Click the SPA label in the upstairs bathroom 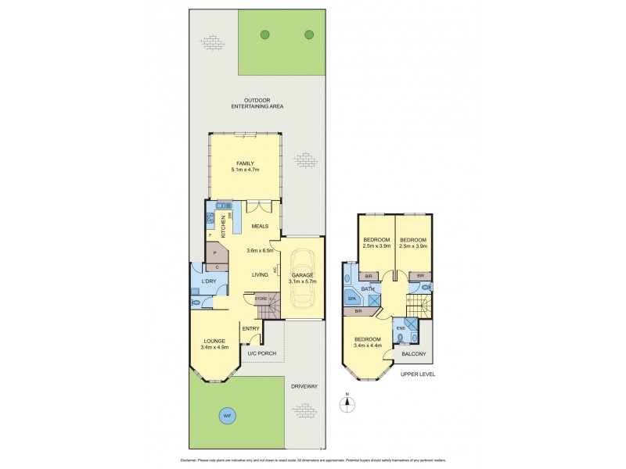[353, 299]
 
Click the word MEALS [261, 226]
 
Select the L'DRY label [208, 281]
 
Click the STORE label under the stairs [261, 299]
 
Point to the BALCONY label [414, 353]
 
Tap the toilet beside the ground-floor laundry [196, 302]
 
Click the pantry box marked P [214, 254]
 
